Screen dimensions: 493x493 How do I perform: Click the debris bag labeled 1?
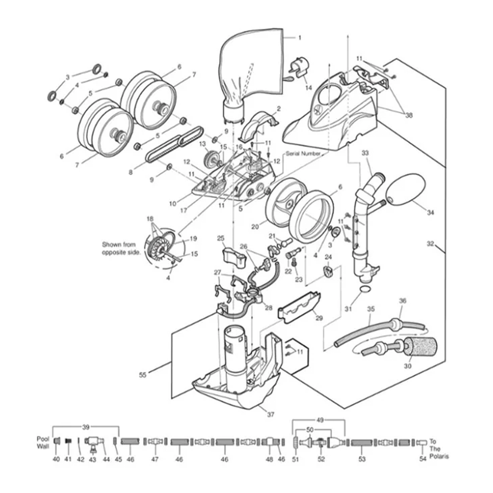(x=253, y=61)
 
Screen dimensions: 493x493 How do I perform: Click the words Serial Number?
(x=303, y=154)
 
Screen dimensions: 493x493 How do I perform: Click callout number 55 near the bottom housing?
(x=143, y=375)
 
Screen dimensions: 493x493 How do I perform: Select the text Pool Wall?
(x=43, y=442)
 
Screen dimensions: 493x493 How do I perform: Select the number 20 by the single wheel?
(x=255, y=227)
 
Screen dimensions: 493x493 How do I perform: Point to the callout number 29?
(x=319, y=318)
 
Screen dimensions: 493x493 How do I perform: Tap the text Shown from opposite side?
(x=121, y=248)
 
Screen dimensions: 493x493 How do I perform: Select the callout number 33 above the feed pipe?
(x=365, y=153)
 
